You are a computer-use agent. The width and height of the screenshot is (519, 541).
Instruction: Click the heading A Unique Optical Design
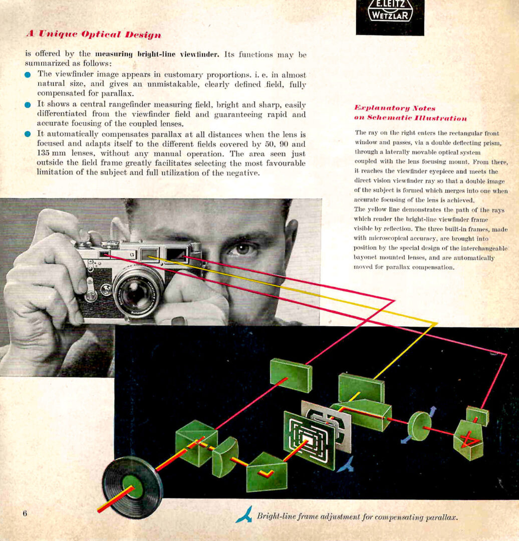pos(94,35)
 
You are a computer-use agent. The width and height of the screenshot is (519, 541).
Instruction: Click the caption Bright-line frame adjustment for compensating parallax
pos(357,516)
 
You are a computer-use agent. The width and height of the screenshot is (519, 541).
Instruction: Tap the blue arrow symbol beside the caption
pos(244,515)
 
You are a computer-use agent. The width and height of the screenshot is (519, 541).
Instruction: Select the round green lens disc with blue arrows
pos(419,425)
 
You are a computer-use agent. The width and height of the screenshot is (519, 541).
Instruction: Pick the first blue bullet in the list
pos(28,75)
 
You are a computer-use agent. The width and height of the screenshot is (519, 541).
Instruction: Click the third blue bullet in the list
pos(28,134)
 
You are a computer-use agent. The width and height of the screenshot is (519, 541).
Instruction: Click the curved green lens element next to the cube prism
pos(224,456)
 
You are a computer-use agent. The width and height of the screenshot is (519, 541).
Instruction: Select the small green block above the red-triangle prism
pos(477,415)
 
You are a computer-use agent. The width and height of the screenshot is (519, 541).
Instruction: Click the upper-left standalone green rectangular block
pos(291,375)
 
